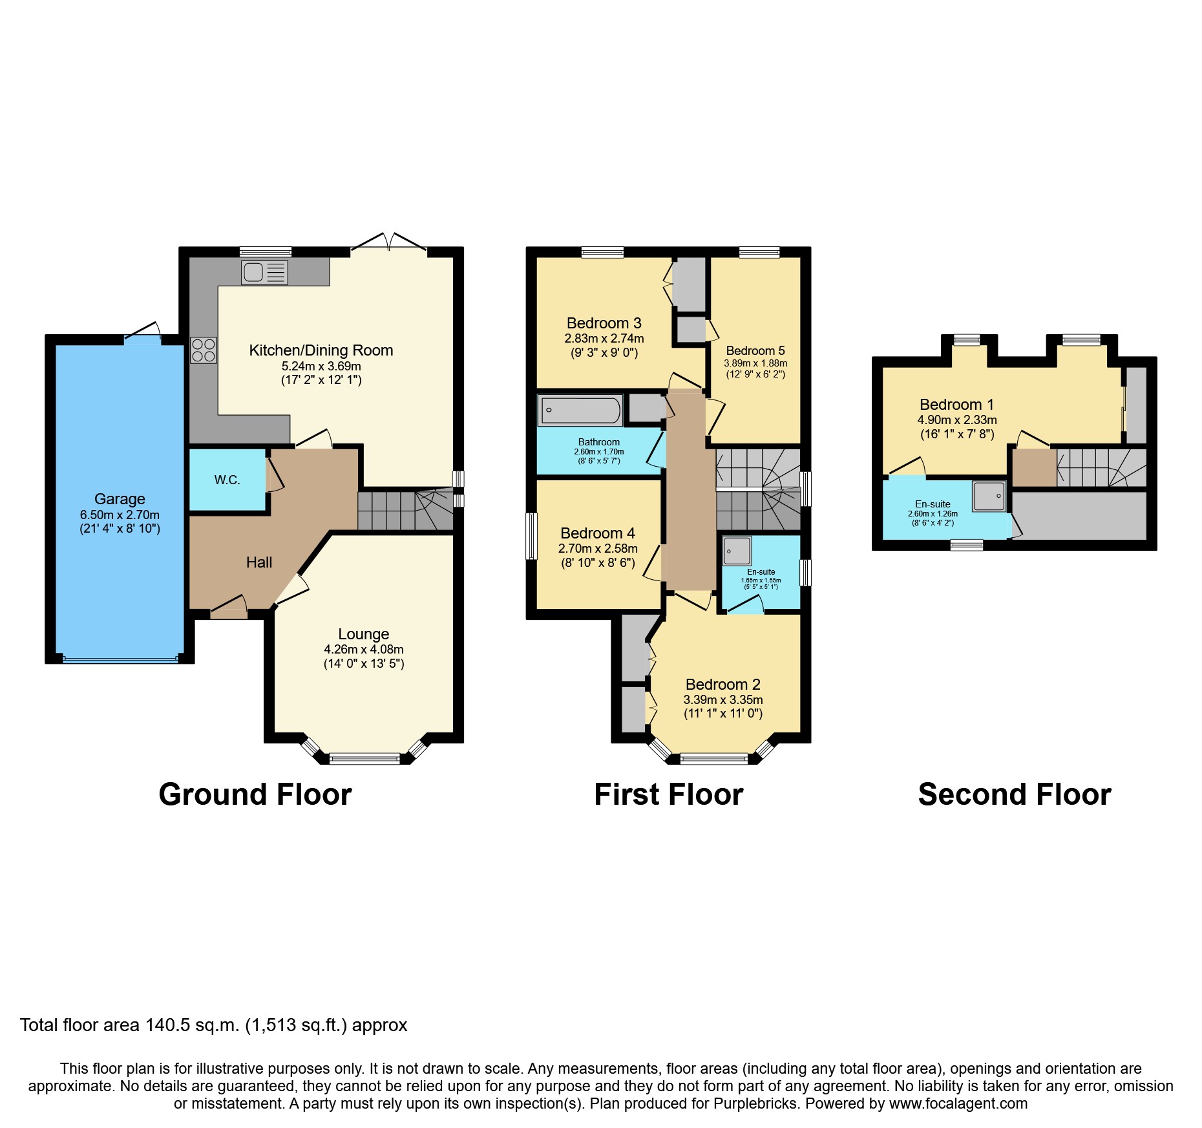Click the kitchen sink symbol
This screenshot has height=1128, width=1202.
pyautogui.click(x=264, y=272)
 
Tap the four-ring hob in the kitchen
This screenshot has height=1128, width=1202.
pyautogui.click(x=204, y=350)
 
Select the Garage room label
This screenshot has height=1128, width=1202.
pyautogui.click(x=120, y=499)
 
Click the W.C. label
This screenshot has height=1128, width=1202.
pyautogui.click(x=227, y=480)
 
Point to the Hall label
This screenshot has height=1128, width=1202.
pyautogui.click(x=258, y=562)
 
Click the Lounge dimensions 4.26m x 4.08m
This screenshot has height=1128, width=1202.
pyautogui.click(x=363, y=649)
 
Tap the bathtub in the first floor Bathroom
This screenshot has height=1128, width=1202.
pyautogui.click(x=580, y=410)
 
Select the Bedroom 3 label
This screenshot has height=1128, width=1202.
pyautogui.click(x=604, y=323)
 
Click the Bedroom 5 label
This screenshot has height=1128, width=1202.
pyautogui.click(x=755, y=350)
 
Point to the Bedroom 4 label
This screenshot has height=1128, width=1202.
pyautogui.click(x=597, y=533)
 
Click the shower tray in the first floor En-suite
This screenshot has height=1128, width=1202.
pyautogui.click(x=737, y=551)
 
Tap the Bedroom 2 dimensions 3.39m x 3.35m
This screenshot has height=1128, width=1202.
pyautogui.click(x=722, y=699)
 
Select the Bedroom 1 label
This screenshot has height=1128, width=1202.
pyautogui.click(x=956, y=405)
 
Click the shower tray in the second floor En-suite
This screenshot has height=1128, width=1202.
pyautogui.click(x=989, y=496)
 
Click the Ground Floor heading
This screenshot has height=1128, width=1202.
pyautogui.click(x=255, y=794)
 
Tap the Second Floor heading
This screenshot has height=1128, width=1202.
pyautogui.click(x=1014, y=794)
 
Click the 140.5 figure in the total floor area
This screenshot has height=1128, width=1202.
pyautogui.click(x=167, y=1025)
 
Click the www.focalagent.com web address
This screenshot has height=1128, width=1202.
pyautogui.click(x=958, y=1103)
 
